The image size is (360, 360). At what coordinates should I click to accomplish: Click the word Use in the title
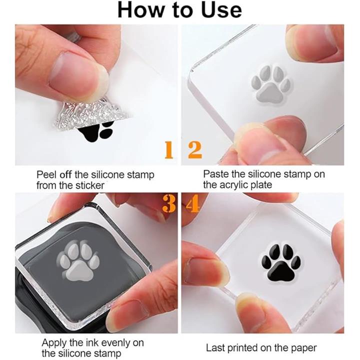(221, 10)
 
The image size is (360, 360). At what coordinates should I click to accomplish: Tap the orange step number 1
(169, 150)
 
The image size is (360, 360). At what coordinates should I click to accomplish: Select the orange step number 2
(195, 150)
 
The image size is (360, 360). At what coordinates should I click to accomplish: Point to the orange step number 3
(169, 204)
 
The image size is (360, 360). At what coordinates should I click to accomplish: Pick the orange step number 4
(192, 204)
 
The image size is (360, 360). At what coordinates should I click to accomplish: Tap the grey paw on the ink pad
(78, 261)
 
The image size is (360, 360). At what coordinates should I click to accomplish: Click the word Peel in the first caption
(46, 175)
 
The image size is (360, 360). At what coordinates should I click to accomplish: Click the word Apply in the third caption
(54, 343)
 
